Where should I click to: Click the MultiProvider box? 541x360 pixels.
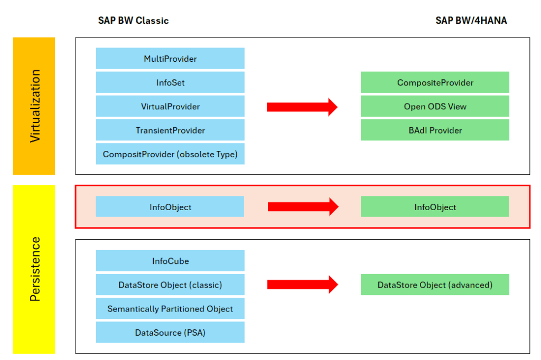point(170,59)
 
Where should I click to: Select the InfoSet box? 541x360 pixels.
point(170,82)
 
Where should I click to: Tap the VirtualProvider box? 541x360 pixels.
point(170,106)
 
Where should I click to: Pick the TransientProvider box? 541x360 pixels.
point(170,130)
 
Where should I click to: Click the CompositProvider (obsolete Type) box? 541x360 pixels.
point(170,154)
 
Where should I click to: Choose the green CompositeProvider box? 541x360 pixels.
point(435,82)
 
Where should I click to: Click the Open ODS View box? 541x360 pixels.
point(435,106)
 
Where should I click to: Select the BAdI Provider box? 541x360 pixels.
point(435,130)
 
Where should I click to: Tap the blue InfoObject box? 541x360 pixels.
point(170,206)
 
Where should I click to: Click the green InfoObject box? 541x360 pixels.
point(435,206)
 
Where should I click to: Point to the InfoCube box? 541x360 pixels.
point(170,261)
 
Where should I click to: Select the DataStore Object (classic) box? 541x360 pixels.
point(170,285)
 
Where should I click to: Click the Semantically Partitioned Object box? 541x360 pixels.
point(170,308)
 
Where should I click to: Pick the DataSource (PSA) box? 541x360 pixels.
point(170,332)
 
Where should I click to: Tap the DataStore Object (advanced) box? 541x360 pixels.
point(435,285)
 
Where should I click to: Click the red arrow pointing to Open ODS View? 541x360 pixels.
point(302,107)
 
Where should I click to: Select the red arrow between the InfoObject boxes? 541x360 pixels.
point(303,206)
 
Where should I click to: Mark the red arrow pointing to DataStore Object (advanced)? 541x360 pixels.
point(303,285)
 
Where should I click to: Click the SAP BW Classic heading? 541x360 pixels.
point(133,21)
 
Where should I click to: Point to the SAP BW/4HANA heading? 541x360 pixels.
point(471,21)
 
